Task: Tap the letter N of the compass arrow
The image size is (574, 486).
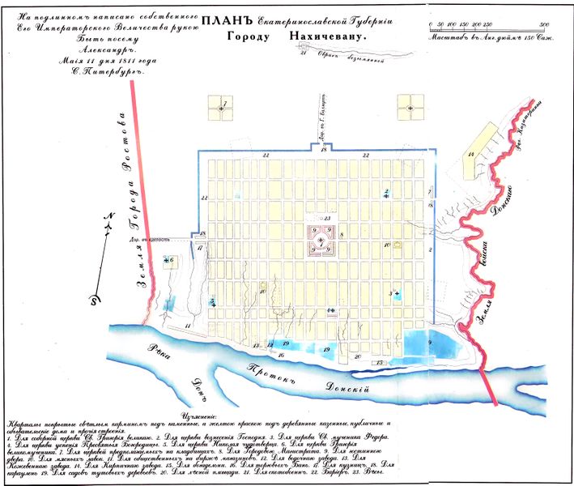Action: [x=106, y=215]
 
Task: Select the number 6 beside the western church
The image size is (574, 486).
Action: [x=172, y=259]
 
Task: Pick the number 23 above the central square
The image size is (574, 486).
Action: [x=327, y=219]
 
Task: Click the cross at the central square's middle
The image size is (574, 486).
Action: [x=321, y=241]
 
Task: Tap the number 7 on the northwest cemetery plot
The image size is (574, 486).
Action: [x=223, y=101]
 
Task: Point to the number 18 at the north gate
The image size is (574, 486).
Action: [x=322, y=150]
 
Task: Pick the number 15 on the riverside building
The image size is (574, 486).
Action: [x=380, y=362]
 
